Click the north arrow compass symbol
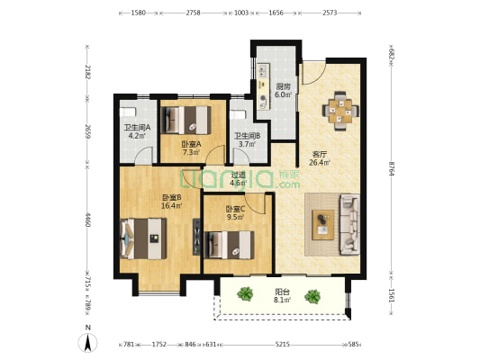[x=87, y=342]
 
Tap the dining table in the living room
[x=340, y=112]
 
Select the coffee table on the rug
[x=323, y=225]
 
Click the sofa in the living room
[x=349, y=224]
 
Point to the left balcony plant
[x=245, y=294]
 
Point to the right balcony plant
[x=312, y=296]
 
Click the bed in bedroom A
[x=187, y=121]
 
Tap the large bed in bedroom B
[x=144, y=238]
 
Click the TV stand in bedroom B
[x=196, y=237]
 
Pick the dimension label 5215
[x=282, y=345]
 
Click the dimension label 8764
[x=391, y=168]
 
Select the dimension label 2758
[x=193, y=13]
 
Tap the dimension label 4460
[x=87, y=220]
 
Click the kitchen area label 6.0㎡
[x=283, y=94]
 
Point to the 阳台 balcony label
[x=282, y=292]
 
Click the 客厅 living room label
[x=320, y=155]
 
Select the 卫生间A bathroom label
[x=137, y=127]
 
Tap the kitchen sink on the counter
[x=263, y=71]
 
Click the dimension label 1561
[x=391, y=295]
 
